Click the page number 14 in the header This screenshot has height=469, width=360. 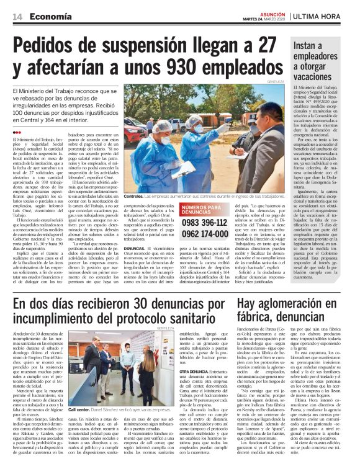(16, 17)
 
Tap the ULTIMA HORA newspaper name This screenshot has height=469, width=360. (323, 16)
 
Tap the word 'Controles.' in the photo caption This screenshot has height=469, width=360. (136, 195)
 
